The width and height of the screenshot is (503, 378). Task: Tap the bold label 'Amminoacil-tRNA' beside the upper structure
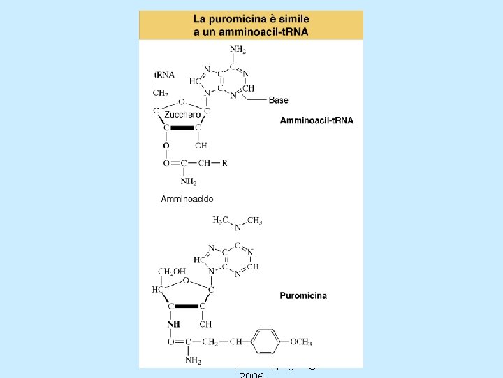tap(316, 120)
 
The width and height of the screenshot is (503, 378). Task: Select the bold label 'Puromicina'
tap(303, 296)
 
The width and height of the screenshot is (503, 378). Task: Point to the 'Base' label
tap(278, 100)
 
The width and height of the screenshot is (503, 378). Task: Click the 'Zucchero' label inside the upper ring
tap(184, 114)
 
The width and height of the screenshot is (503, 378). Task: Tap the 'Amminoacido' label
tap(187, 199)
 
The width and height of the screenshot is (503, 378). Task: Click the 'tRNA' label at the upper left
tap(166, 74)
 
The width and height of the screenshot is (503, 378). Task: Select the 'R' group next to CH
tap(224, 163)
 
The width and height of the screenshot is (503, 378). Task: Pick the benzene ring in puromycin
tap(266, 342)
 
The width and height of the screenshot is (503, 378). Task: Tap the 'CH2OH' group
tap(171, 272)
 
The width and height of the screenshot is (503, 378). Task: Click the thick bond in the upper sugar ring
tap(182, 127)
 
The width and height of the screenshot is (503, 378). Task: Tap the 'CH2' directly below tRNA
tap(161, 93)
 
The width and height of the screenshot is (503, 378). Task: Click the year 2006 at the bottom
tap(251, 374)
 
